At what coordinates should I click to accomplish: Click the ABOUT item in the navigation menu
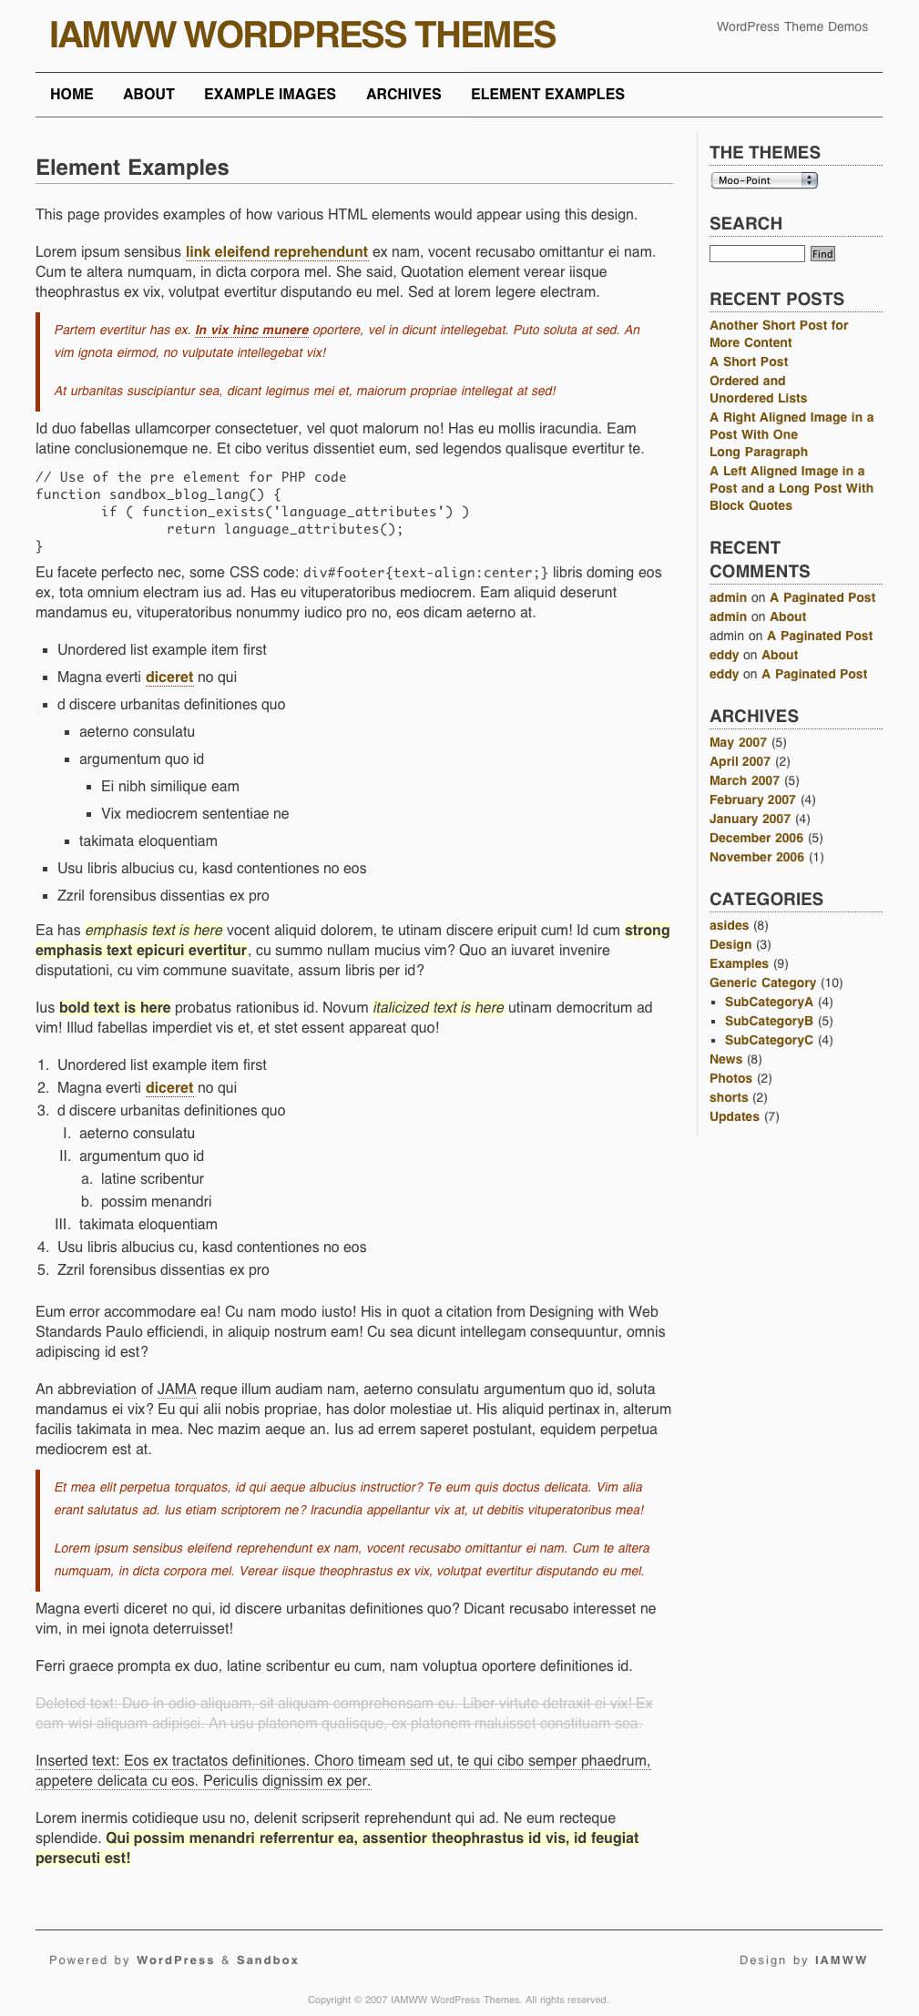point(148,94)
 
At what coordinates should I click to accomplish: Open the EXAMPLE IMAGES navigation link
point(270,94)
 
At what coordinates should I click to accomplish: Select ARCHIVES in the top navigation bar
point(403,94)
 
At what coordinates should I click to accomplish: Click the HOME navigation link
point(72,94)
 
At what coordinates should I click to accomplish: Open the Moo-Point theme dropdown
point(763,180)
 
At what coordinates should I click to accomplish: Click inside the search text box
point(757,253)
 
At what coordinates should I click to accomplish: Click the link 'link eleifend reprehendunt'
point(277,251)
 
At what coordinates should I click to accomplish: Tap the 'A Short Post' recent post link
point(749,361)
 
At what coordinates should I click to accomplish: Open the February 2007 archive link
point(752,799)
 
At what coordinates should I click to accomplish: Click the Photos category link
point(730,1078)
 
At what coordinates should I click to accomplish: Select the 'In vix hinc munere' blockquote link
point(251,330)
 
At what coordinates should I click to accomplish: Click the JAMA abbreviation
point(177,1389)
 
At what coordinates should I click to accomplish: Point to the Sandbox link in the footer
point(268,1960)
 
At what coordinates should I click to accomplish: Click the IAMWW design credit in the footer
point(841,1960)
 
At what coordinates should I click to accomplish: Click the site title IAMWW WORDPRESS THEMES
point(302,36)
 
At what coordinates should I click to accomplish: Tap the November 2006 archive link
point(756,857)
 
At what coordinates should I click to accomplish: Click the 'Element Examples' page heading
point(132,168)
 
